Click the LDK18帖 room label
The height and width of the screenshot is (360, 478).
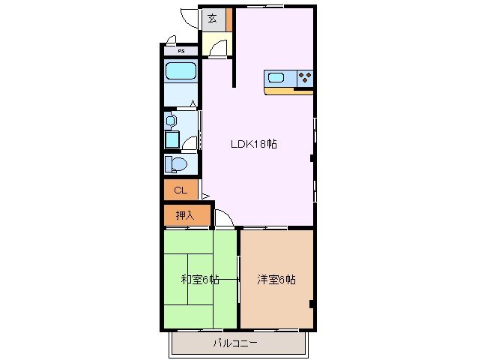point(252,144)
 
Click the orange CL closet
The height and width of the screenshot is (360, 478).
point(181,190)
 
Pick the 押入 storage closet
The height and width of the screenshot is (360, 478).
point(184,215)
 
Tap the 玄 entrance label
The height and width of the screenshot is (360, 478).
point(212,19)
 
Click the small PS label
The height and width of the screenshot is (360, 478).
point(181,51)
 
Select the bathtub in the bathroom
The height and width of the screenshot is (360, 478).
point(181,72)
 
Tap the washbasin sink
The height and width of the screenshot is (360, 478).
point(172,120)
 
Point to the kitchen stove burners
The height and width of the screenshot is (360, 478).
point(304,76)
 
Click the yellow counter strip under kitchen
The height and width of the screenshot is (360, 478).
point(288,91)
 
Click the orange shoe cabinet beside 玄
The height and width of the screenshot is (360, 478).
point(230,19)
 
